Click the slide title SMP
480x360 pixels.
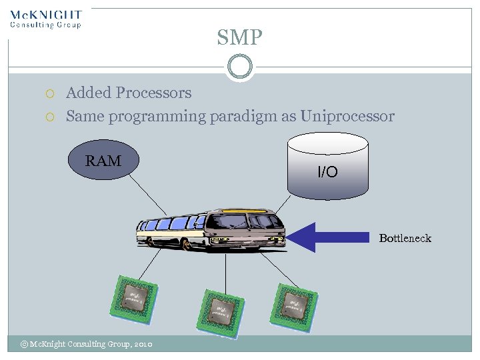click(x=239, y=37)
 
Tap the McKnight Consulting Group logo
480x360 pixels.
click(x=46, y=19)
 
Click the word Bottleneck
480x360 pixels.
click(x=405, y=238)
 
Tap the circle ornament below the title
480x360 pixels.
click(x=239, y=67)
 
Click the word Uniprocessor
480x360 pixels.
click(x=347, y=117)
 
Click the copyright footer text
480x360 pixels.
click(x=87, y=344)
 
